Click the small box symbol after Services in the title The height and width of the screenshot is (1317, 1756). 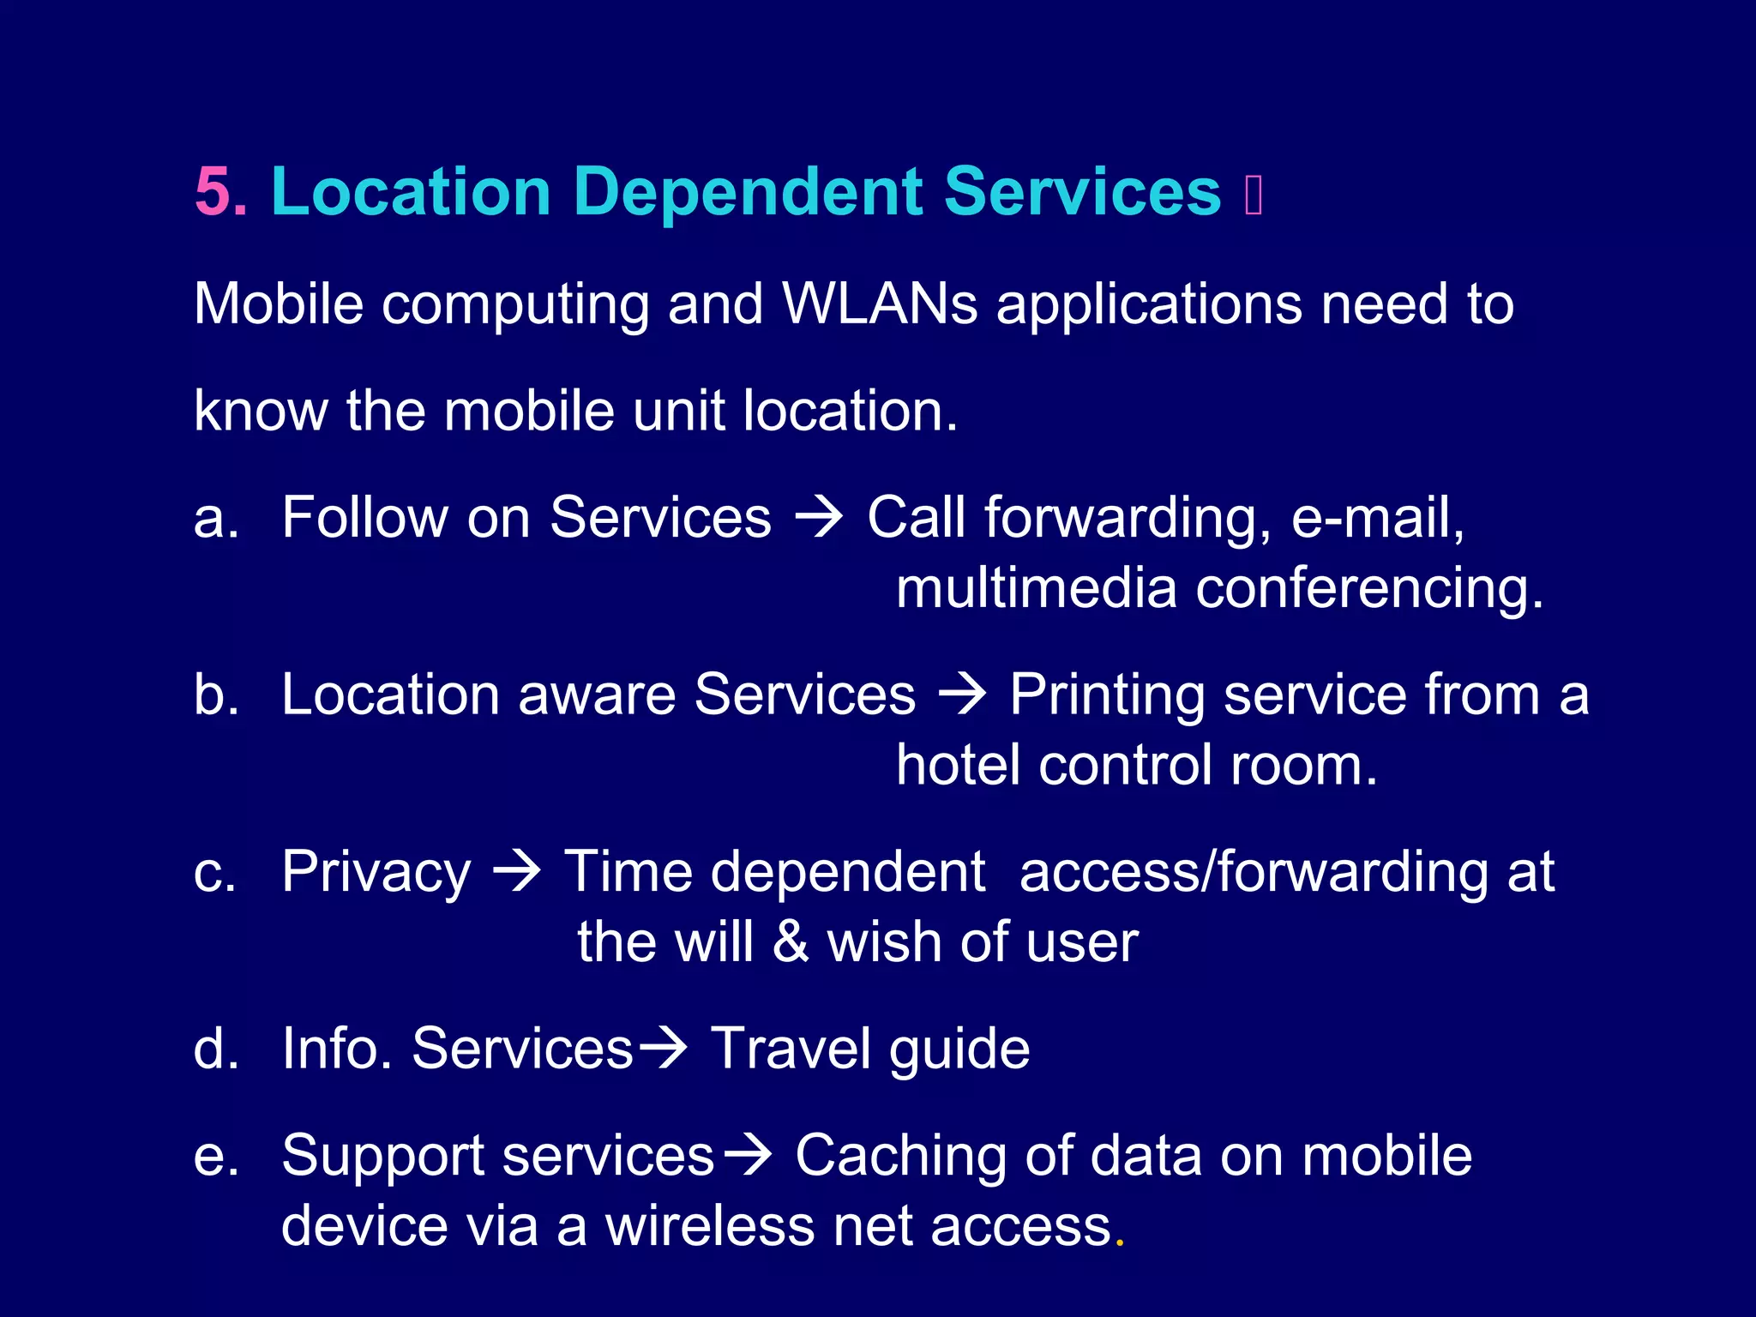1254,195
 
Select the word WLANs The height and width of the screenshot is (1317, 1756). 879,304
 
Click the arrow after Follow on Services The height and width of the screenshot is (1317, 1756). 819,519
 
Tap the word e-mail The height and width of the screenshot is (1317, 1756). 1377,517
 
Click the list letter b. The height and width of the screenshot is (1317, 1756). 215,694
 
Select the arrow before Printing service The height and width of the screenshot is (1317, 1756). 963,695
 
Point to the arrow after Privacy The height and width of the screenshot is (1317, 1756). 516,873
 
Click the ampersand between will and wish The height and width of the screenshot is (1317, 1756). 791,942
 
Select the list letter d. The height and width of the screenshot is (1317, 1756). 215,1049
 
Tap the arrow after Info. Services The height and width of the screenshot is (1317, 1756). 663,1049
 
